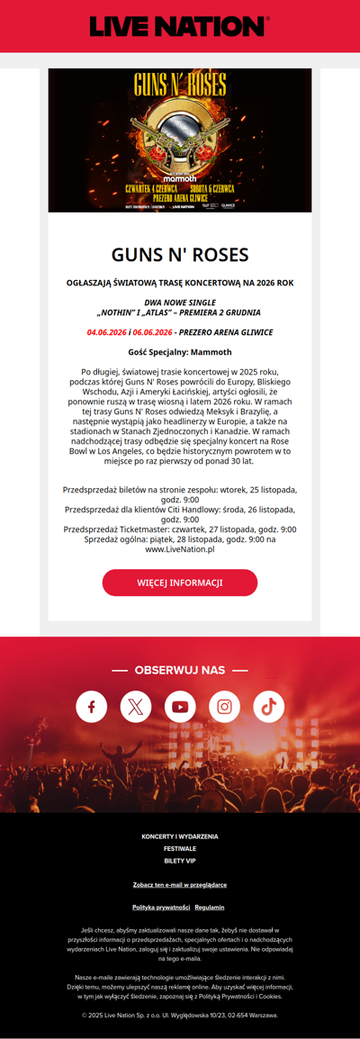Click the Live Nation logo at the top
180,26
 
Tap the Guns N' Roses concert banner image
180,140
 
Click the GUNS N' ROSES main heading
180,254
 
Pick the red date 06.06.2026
152,332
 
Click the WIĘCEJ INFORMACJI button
180,583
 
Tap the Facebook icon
91,707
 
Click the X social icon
136,707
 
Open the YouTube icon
180,707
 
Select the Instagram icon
224,707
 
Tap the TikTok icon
268,707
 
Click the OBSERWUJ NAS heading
180,670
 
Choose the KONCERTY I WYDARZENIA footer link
180,836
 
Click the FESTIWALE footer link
180,849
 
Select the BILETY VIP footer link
180,861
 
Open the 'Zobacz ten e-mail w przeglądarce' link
180,884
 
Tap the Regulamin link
210,907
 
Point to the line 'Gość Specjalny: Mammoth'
180,352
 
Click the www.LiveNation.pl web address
180,548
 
